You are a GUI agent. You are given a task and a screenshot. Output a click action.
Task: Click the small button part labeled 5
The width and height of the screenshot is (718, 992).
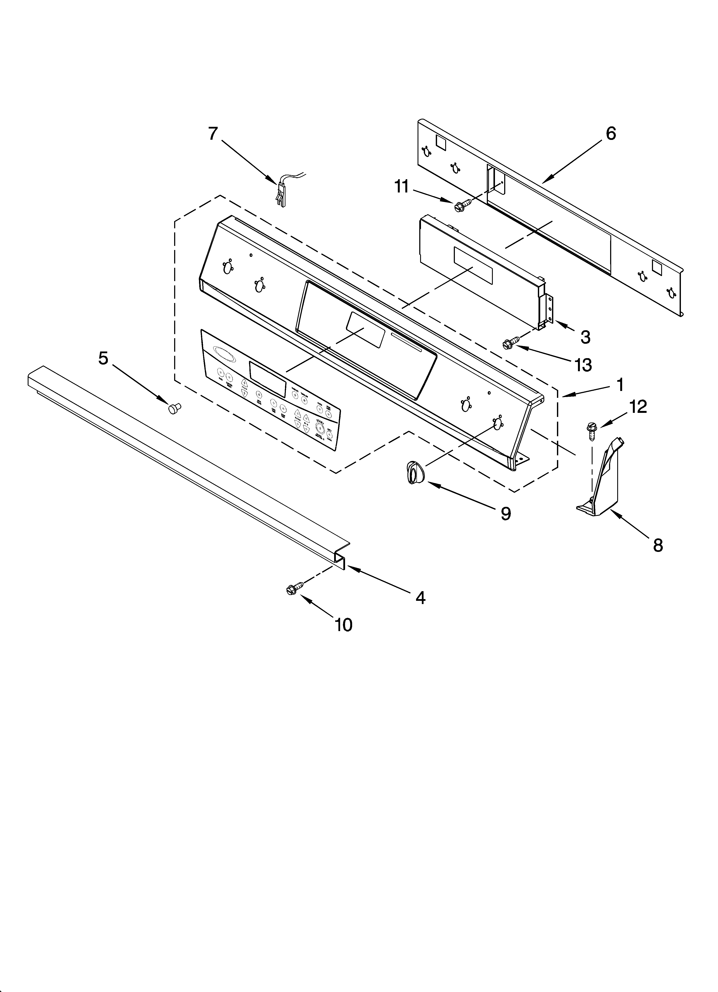[x=174, y=408]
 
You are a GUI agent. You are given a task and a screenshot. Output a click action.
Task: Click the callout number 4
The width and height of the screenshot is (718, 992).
[x=420, y=597]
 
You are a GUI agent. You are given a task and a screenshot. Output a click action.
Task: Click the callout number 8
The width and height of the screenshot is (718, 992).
[x=658, y=545]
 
